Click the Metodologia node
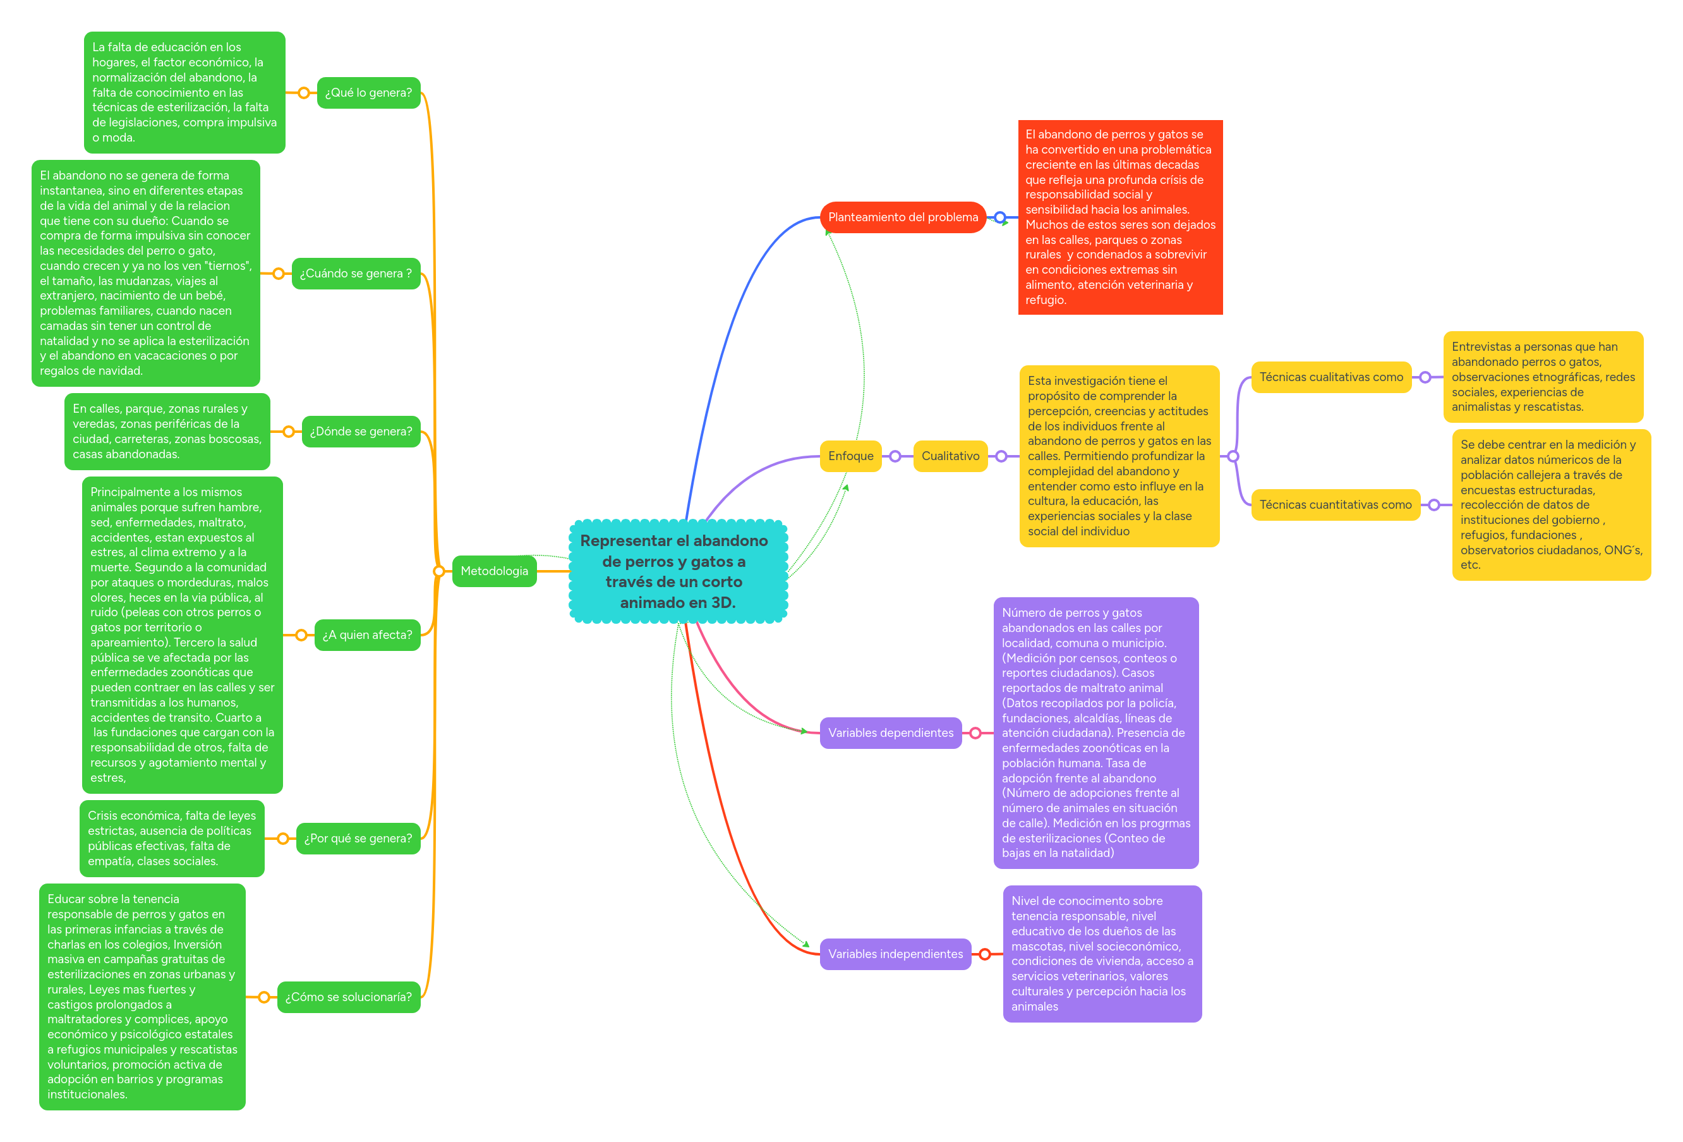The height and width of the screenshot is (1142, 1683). [494, 571]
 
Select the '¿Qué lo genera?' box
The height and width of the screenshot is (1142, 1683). [368, 93]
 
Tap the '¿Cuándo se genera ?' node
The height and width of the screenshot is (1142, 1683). [356, 273]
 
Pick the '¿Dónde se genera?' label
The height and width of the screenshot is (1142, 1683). [361, 431]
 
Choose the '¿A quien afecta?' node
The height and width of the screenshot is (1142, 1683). [367, 635]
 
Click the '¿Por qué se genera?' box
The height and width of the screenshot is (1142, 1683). [358, 839]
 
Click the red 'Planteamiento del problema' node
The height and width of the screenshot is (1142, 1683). [902, 217]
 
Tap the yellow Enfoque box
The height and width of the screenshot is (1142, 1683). [850, 456]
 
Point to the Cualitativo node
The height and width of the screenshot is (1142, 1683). [950, 456]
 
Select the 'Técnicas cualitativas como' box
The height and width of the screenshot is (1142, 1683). [1331, 377]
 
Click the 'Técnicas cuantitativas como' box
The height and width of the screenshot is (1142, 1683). [1336, 504]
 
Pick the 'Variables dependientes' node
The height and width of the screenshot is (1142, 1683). [890, 732]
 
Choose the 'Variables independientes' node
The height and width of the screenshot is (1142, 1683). [895, 954]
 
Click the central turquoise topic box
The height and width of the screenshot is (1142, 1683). [678, 571]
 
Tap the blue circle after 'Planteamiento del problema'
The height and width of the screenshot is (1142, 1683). [1000, 217]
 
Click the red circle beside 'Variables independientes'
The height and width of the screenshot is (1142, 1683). [985, 954]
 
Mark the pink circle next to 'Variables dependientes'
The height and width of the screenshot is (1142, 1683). [975, 732]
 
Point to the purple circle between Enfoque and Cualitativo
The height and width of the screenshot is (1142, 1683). [895, 456]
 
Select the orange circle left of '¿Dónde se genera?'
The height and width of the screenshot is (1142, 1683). [288, 431]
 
